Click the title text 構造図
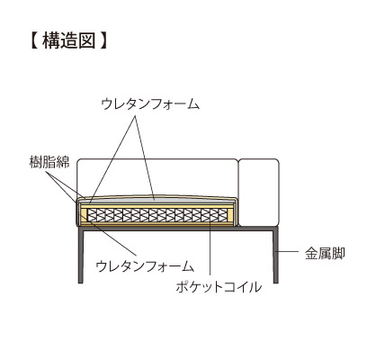pyautogui.click(x=69, y=40)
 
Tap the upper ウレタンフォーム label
pyautogui.click(x=150, y=104)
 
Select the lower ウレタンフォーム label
pyautogui.click(x=145, y=266)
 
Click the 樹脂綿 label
pyautogui.click(x=49, y=162)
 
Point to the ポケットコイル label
pyautogui.click(x=219, y=287)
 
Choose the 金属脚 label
pyautogui.click(x=325, y=254)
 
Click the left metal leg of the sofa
pyautogui.click(x=81, y=256)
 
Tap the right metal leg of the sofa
pyautogui.click(x=276, y=256)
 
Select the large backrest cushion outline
pyautogui.click(x=157, y=159)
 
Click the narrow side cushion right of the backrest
pyautogui.click(x=259, y=193)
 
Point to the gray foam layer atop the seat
pyautogui.click(x=156, y=199)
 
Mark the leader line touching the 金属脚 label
pyautogui.click(x=289, y=251)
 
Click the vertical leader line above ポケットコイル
pyautogui.click(x=210, y=247)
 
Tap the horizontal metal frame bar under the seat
pyautogui.click(x=178, y=229)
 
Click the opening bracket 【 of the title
pyautogui.click(x=34, y=40)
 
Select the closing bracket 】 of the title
pyautogui.click(x=103, y=40)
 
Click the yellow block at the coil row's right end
pyautogui.click(x=230, y=215)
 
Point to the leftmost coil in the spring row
pyautogui.click(x=92, y=215)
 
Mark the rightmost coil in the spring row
pyautogui.click(x=223, y=215)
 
